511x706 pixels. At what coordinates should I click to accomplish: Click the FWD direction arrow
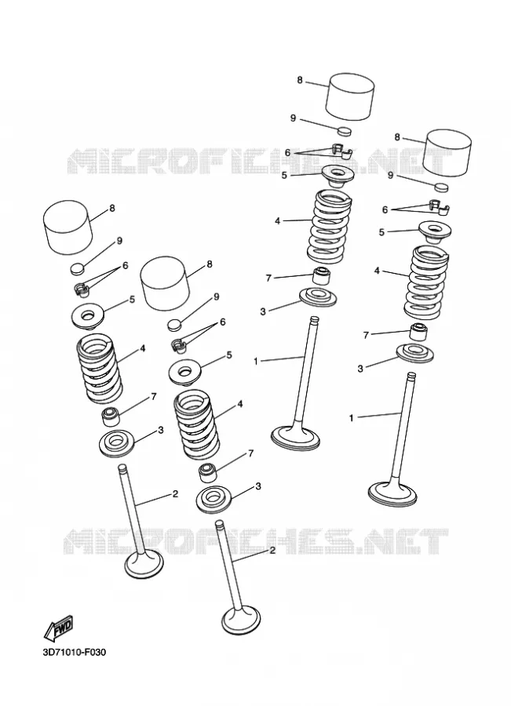click(x=58, y=628)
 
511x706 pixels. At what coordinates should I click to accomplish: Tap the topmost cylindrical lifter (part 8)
click(x=350, y=96)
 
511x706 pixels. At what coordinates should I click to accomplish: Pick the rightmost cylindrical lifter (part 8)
click(x=448, y=151)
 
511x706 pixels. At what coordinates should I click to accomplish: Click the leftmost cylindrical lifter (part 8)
click(x=68, y=227)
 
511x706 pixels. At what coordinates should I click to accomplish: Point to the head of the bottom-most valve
click(x=241, y=622)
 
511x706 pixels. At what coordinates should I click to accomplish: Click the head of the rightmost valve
click(x=392, y=493)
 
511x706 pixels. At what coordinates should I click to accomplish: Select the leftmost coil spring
click(x=99, y=370)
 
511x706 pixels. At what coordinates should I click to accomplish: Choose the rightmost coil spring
click(x=425, y=281)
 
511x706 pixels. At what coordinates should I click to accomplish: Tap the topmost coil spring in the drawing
click(x=330, y=227)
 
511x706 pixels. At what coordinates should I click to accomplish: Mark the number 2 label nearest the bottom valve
click(x=272, y=550)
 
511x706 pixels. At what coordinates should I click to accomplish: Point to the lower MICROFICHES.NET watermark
click(x=254, y=540)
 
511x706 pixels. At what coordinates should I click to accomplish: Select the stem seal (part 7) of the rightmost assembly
click(x=418, y=332)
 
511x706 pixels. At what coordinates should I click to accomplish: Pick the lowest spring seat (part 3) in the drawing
click(x=215, y=499)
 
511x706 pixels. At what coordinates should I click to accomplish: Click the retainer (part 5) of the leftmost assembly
click(x=89, y=316)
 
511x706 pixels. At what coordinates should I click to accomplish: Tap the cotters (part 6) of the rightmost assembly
click(x=438, y=206)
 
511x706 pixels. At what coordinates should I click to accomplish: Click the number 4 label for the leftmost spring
click(x=142, y=348)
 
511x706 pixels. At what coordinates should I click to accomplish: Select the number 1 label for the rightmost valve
click(x=352, y=418)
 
